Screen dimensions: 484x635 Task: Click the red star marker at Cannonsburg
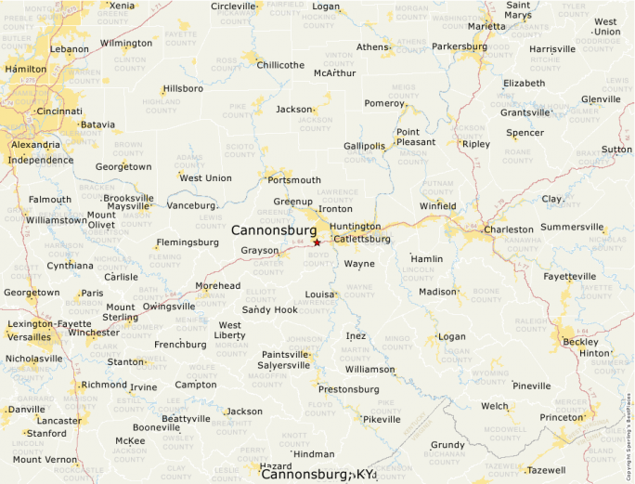[x=317, y=242]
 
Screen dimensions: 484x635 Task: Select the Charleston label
[x=509, y=229]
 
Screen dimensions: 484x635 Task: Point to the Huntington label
[x=355, y=226]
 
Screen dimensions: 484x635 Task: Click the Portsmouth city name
[x=294, y=180]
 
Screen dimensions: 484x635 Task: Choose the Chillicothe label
[x=280, y=65]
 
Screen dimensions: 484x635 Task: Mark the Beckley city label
[x=581, y=341]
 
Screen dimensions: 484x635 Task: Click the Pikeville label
[x=382, y=419]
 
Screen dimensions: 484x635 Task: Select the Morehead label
[x=217, y=286]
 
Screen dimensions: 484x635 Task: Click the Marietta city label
[x=487, y=26]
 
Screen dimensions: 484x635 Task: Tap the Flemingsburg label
[x=188, y=242]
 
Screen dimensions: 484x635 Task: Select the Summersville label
[x=572, y=227]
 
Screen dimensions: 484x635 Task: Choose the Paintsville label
[x=287, y=354]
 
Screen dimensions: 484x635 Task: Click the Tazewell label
[x=546, y=470]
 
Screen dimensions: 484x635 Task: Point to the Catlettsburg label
[x=361, y=239]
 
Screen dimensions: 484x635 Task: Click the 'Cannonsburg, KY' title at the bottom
[x=317, y=475]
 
